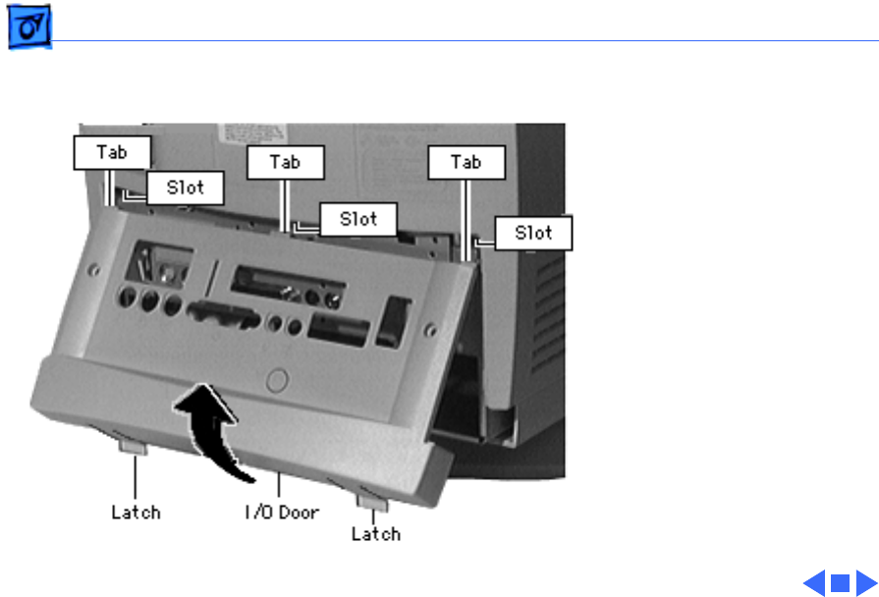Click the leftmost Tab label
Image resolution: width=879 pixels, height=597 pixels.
(113, 152)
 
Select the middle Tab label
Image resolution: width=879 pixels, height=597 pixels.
(285, 163)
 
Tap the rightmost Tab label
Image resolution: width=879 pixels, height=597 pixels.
(467, 162)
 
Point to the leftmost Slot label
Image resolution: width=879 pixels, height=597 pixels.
(185, 188)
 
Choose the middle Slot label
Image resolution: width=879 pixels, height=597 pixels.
(357, 218)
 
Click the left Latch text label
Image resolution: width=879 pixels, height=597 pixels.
(135, 512)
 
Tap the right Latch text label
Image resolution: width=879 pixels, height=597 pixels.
(375, 534)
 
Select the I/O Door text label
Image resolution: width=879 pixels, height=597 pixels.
(282, 512)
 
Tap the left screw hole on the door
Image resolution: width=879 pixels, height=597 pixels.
(91, 267)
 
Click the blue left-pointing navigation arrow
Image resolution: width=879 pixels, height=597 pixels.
(814, 583)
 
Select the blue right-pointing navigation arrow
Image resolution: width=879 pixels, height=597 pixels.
(864, 583)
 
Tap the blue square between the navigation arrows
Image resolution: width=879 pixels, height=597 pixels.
(840, 583)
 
